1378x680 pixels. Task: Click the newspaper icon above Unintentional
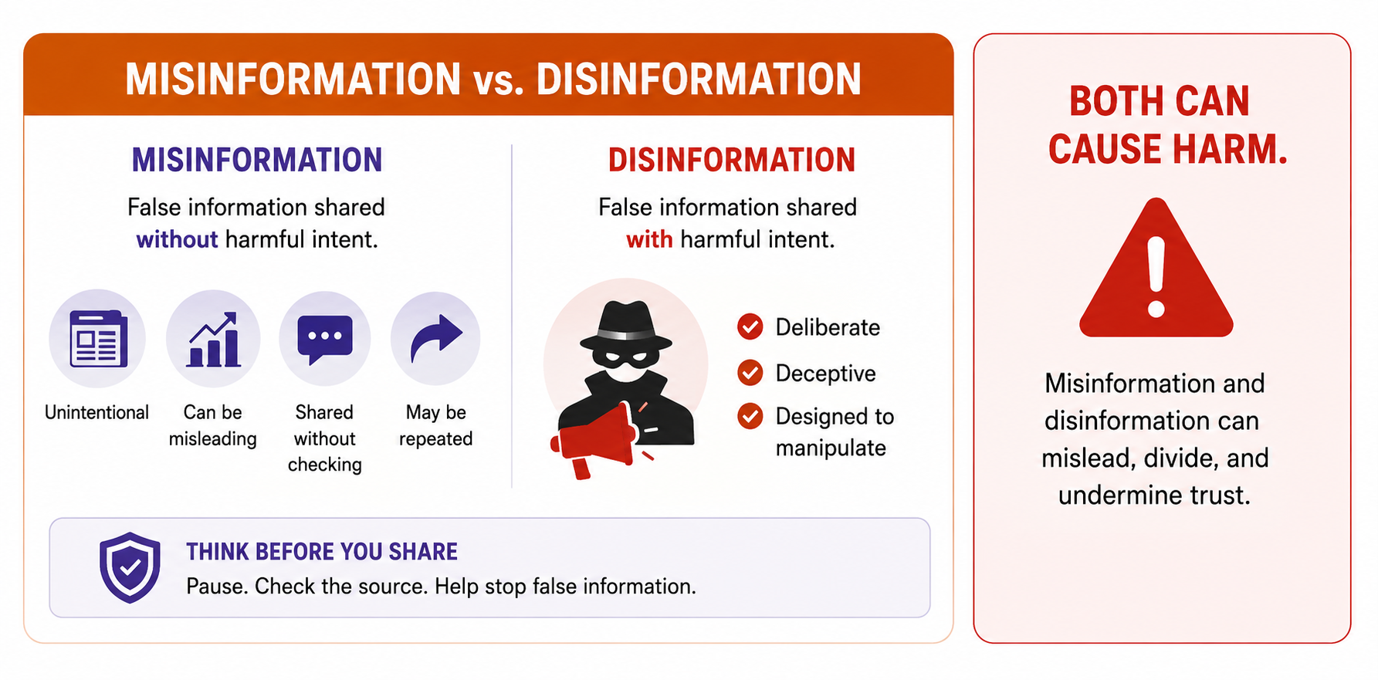(x=98, y=338)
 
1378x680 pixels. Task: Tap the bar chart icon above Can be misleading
(x=213, y=339)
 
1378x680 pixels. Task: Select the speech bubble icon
(x=325, y=340)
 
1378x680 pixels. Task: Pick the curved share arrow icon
(x=436, y=337)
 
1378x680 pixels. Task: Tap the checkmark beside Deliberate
(x=750, y=327)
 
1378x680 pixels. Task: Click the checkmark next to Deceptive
(x=750, y=373)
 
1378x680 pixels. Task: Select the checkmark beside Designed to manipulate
(x=750, y=417)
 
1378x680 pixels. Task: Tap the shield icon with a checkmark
(x=130, y=567)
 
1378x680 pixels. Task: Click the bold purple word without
(x=178, y=240)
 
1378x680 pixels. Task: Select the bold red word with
(x=649, y=240)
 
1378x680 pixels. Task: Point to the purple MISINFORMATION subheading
(x=257, y=160)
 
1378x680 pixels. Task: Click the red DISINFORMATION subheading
(x=732, y=160)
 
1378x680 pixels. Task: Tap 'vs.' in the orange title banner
(x=499, y=80)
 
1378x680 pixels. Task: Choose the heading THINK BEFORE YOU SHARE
(x=322, y=552)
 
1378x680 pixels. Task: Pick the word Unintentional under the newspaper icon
(x=96, y=412)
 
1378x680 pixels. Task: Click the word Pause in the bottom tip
(x=217, y=587)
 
